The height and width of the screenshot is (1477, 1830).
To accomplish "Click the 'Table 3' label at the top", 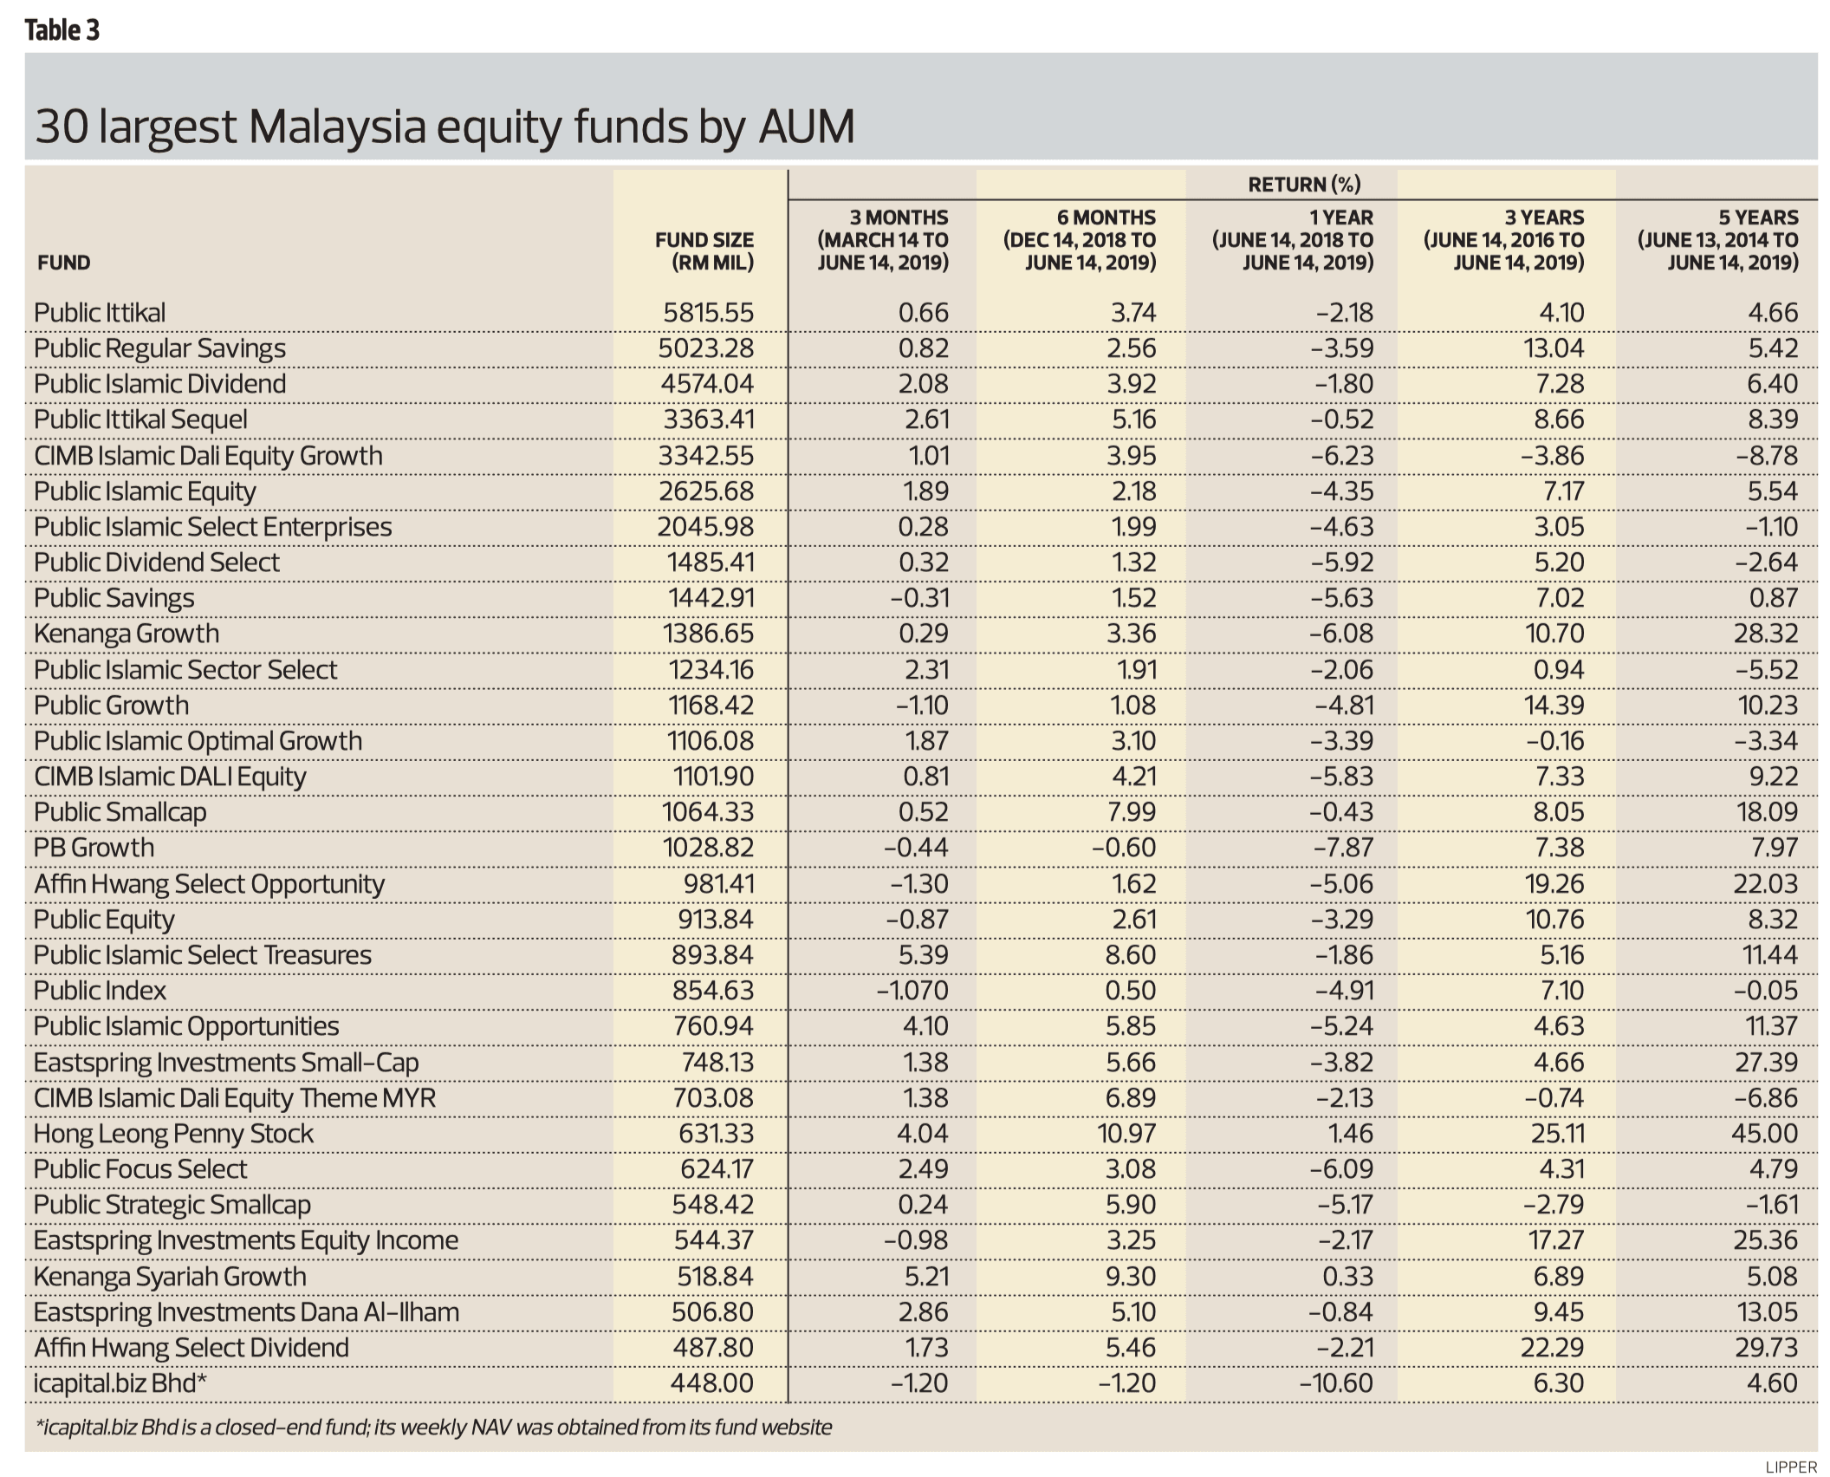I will pos(62,30).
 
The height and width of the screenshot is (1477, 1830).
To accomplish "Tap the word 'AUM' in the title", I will pos(806,127).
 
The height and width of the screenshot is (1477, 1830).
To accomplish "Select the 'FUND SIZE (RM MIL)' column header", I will pos(704,251).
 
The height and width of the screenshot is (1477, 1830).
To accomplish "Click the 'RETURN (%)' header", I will pos(1303,184).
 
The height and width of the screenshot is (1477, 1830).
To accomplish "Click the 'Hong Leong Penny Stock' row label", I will pos(173,1134).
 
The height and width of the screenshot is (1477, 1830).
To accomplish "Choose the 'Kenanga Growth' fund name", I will pos(127,634).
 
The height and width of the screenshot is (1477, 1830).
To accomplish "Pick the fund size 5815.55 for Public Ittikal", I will pos(708,312).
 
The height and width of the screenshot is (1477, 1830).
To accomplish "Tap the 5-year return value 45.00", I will pos(1765,1134).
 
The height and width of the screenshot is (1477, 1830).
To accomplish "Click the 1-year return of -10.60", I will pos(1336,1383).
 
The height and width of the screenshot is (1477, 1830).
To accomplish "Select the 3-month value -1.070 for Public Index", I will pos(912,991).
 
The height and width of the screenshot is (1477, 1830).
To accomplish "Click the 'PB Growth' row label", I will pos(94,848).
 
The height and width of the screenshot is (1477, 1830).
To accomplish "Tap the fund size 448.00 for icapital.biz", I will pos(711,1383).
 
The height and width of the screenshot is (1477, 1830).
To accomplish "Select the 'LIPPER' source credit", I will pos(1790,1467).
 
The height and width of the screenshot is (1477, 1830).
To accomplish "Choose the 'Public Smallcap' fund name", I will pos(120,812).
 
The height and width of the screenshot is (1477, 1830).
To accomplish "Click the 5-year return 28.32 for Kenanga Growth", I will pos(1765,634).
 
